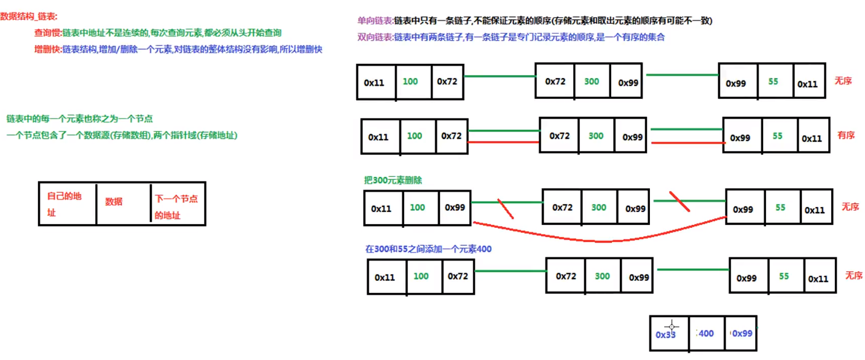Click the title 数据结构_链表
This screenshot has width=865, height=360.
tap(29, 17)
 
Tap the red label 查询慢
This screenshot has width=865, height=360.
tap(48, 33)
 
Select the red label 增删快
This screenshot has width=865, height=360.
tap(48, 49)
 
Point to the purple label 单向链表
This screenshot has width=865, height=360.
tap(375, 21)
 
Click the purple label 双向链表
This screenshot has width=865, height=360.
tap(375, 37)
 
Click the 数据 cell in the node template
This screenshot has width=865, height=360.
tap(114, 202)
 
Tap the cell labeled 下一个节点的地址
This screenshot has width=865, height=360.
tap(176, 207)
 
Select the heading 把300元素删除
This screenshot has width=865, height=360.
tap(393, 181)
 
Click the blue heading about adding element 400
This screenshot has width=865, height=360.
tap(428, 249)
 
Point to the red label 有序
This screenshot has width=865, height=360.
tap(846, 135)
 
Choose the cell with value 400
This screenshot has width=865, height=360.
tap(706, 334)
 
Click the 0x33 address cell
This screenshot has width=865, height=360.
tap(667, 334)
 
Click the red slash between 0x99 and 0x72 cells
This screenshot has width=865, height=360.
tap(506, 208)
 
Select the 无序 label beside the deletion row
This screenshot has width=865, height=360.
tap(850, 207)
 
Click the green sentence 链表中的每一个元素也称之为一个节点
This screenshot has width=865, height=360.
tap(79, 119)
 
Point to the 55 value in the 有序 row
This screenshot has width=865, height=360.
tap(778, 136)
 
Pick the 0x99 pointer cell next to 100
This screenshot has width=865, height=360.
tap(455, 208)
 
